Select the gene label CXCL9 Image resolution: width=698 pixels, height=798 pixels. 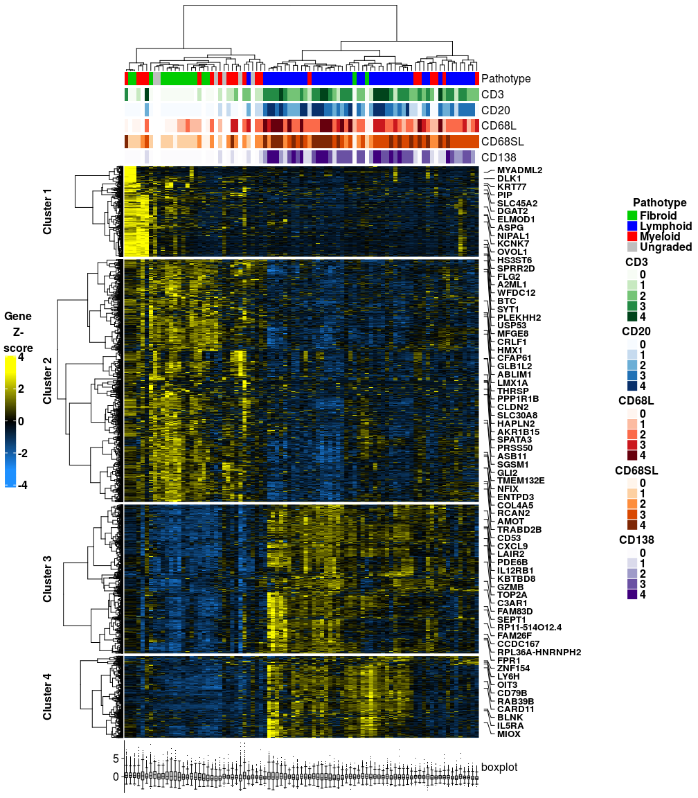point(512,546)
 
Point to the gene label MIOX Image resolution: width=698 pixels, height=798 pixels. point(509,734)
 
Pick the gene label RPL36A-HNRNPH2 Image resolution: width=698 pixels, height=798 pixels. point(539,652)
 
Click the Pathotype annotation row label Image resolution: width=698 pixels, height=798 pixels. point(505,78)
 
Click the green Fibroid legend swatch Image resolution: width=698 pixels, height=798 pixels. point(632,215)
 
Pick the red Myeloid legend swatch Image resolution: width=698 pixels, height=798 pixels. point(632,236)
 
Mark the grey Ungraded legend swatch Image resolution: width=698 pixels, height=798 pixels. point(632,247)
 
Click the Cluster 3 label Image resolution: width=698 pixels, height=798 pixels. point(47,579)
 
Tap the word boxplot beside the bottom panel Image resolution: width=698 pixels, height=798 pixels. point(499,768)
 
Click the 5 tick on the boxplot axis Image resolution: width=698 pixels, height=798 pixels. point(116,759)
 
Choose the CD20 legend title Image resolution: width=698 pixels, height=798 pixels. point(636,331)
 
